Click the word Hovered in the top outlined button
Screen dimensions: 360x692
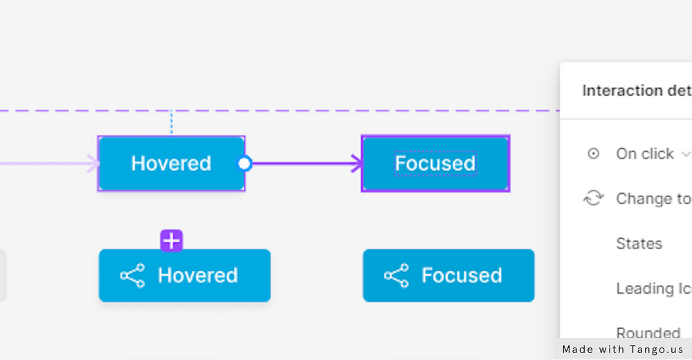(171, 163)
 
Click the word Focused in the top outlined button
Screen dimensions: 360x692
(435, 163)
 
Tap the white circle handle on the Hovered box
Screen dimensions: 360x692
(244, 163)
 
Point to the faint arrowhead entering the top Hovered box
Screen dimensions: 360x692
(93, 164)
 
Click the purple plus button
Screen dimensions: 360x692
(172, 241)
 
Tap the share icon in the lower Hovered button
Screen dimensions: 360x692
(132, 276)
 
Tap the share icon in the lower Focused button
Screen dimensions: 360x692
(396, 276)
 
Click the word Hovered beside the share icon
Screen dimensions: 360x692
(198, 276)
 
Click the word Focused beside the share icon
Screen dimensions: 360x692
(462, 276)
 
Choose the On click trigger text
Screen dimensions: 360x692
(645, 154)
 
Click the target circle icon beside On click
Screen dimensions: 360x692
(593, 154)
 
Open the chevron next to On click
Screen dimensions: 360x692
(686, 154)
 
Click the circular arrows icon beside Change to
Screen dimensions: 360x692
(593, 199)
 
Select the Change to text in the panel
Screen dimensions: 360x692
(653, 199)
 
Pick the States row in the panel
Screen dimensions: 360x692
(639, 244)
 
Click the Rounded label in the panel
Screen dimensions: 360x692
(648, 333)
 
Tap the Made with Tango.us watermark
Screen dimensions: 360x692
(623, 350)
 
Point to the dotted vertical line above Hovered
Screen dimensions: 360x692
(172, 123)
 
